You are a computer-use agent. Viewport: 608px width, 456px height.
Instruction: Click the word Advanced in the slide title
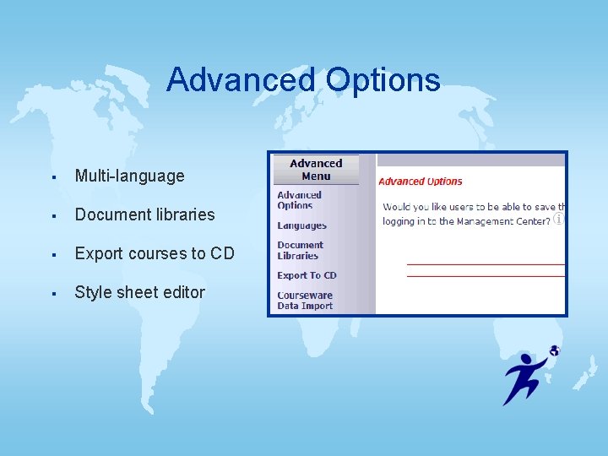tap(241, 80)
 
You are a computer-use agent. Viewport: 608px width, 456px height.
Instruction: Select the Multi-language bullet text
tap(129, 176)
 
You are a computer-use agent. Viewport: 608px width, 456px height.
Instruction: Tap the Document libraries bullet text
tap(144, 214)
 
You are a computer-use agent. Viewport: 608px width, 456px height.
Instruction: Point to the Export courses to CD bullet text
tap(155, 253)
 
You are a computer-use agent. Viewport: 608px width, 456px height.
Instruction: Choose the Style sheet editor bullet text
tap(139, 292)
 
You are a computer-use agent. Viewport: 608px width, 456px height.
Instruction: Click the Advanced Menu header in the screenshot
tap(316, 170)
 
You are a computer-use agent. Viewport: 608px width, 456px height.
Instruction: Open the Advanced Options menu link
tap(299, 200)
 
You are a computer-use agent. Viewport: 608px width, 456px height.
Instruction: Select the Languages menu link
tap(301, 225)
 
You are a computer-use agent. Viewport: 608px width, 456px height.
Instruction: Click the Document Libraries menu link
tap(300, 250)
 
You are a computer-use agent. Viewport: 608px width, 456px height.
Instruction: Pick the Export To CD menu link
tap(307, 275)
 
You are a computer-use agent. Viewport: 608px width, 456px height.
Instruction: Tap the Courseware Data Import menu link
tap(305, 301)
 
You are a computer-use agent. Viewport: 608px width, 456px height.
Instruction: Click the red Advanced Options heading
tap(421, 182)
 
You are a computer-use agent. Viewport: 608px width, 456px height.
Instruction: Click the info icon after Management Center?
tap(558, 219)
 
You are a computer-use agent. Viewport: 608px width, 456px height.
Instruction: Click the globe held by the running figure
tap(554, 350)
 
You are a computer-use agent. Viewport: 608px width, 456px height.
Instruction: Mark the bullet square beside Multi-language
tap(53, 177)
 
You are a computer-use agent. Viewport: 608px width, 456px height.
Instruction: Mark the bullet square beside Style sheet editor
tap(53, 294)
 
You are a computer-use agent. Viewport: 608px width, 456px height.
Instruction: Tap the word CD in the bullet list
tap(223, 253)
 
